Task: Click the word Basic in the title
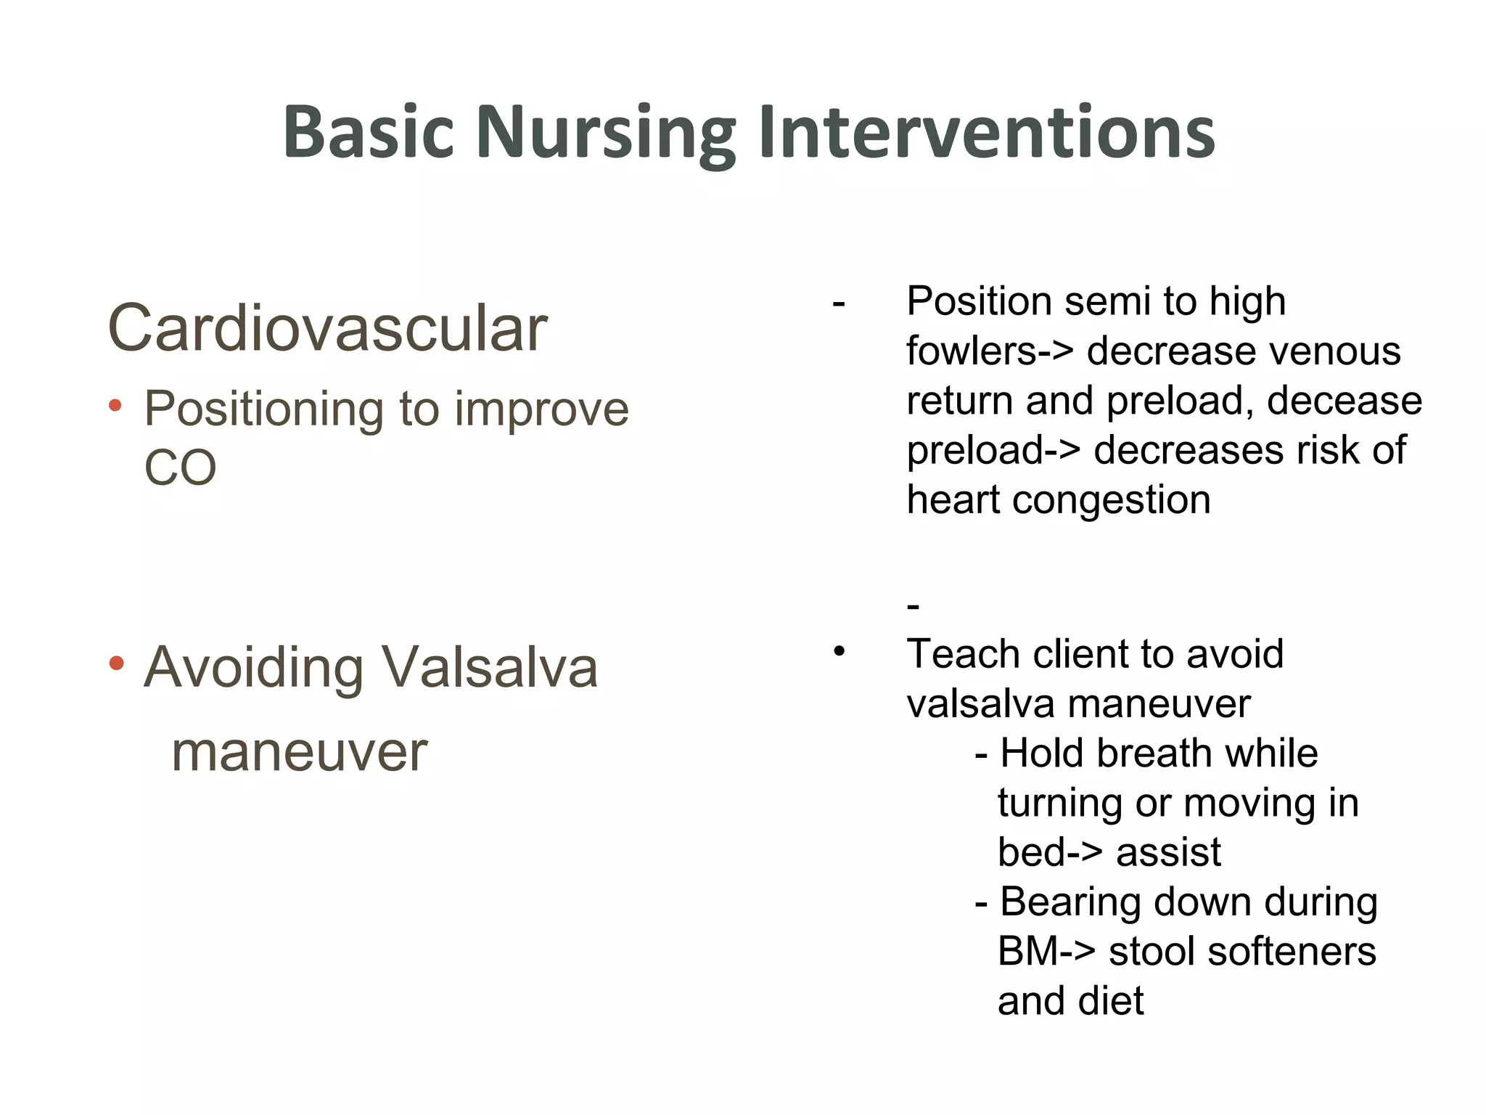click(x=368, y=132)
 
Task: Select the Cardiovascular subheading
click(x=327, y=329)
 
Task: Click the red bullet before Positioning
click(x=115, y=406)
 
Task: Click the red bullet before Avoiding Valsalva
click(x=116, y=663)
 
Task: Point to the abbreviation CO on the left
click(x=180, y=468)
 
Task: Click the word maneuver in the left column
click(x=299, y=753)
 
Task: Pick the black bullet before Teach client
click(x=840, y=651)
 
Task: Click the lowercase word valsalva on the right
click(x=981, y=704)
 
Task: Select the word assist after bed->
click(x=1168, y=852)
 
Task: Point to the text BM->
click(x=1046, y=952)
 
